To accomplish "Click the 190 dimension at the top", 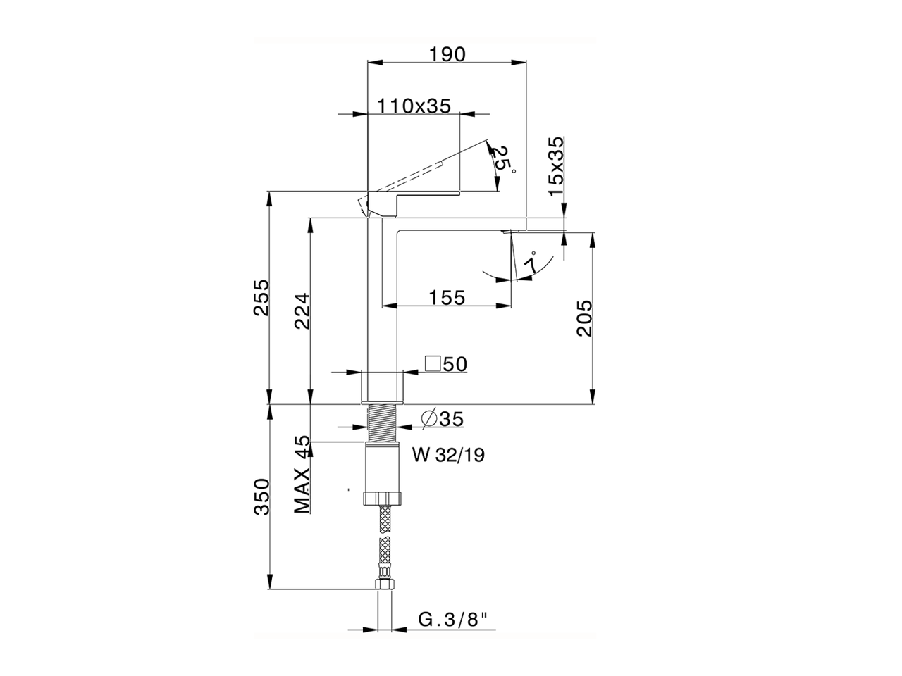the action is pyautogui.click(x=447, y=54).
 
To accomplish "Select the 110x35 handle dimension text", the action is pyautogui.click(x=414, y=106).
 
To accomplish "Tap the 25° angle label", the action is pyautogui.click(x=502, y=160).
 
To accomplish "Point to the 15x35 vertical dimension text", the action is pyautogui.click(x=557, y=166).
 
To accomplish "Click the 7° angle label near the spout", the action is pyautogui.click(x=532, y=261).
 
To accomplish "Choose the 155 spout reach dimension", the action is pyautogui.click(x=447, y=298).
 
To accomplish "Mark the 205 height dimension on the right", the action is pyautogui.click(x=584, y=318).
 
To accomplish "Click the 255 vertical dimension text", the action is pyautogui.click(x=261, y=298).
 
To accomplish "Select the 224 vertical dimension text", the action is pyautogui.click(x=302, y=311).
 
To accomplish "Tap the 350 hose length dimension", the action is pyautogui.click(x=261, y=496).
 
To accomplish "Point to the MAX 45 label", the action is pyautogui.click(x=302, y=475).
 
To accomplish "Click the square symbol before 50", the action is pyautogui.click(x=433, y=363).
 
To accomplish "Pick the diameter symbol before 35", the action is pyautogui.click(x=429, y=419).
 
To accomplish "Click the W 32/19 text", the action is pyautogui.click(x=448, y=455).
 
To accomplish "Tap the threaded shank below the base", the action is pyautogui.click(x=382, y=423).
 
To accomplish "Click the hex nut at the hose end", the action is pyautogui.click(x=385, y=584).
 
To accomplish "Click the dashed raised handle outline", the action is pyautogui.click(x=424, y=170).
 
